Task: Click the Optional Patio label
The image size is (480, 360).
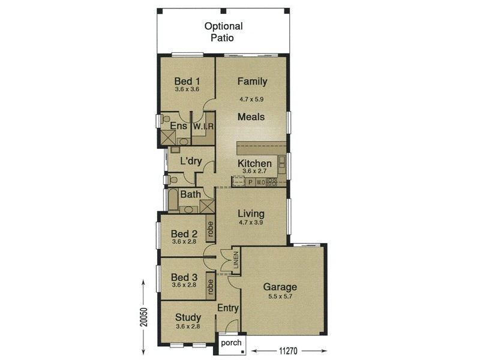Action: pos(223,32)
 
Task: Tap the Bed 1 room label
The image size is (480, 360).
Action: pos(187,82)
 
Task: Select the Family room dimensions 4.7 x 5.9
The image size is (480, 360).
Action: pos(252,101)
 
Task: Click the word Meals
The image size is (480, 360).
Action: pos(251,117)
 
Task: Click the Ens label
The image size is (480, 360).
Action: pos(178,126)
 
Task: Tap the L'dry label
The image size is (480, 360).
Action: pos(191,161)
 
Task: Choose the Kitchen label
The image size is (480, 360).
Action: pos(254,163)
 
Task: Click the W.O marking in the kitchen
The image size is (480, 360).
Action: pos(260,182)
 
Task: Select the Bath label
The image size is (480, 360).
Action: pos(190,194)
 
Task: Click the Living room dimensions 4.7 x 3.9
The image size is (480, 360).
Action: pos(251,222)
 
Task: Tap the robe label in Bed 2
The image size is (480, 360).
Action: pos(210,229)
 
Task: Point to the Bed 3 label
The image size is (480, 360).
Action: pos(184,277)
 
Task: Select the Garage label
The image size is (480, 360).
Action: pos(280,287)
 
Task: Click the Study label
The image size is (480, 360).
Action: pos(188,317)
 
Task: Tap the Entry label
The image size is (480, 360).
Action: pos(228,308)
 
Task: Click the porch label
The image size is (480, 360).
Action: pos(231,343)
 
